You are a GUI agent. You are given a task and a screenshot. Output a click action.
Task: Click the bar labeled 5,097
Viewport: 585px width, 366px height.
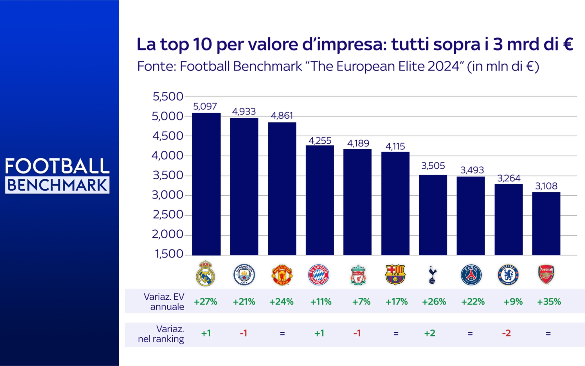point(206,184)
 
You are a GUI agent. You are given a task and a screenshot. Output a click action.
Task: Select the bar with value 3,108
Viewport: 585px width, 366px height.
point(546,224)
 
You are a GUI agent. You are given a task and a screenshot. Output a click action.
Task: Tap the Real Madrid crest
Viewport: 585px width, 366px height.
point(205,274)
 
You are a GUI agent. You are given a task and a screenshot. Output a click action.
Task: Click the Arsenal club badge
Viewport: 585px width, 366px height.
point(546,274)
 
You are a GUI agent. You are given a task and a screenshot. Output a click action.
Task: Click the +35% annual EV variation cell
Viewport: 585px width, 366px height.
point(549,302)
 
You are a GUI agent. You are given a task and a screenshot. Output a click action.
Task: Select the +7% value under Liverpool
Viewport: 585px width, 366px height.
point(361,302)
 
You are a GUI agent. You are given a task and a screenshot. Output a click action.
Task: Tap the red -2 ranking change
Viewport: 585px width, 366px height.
point(506,333)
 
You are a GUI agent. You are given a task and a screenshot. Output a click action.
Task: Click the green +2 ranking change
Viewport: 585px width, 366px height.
point(429,333)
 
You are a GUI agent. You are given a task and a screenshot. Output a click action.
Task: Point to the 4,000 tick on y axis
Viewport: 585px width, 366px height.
point(167,155)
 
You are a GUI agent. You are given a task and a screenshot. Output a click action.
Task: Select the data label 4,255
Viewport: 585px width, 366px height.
point(320,141)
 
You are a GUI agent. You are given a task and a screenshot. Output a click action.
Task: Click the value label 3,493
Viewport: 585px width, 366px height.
point(472,170)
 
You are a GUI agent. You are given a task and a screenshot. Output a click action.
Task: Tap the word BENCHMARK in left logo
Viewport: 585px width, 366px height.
point(57,185)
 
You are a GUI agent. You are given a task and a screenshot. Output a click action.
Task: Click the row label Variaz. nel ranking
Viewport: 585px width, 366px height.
point(161,334)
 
